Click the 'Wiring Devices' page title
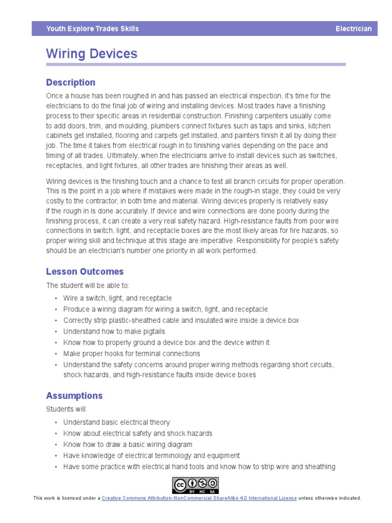[x=91, y=54]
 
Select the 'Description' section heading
[x=70, y=82]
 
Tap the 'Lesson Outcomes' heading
[x=85, y=272]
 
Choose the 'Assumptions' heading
[x=74, y=395]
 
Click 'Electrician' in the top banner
[x=353, y=29]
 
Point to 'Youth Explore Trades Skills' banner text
[x=92, y=29]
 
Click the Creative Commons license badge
[x=195, y=485]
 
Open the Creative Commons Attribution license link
[x=199, y=498]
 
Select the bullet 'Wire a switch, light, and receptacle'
[x=117, y=298]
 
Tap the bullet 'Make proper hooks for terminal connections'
[x=131, y=353]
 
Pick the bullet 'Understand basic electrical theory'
[x=116, y=422]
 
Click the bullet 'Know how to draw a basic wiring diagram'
[x=128, y=444]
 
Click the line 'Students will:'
[x=66, y=409]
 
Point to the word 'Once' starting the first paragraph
[x=55, y=96]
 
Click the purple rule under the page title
[x=195, y=65]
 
